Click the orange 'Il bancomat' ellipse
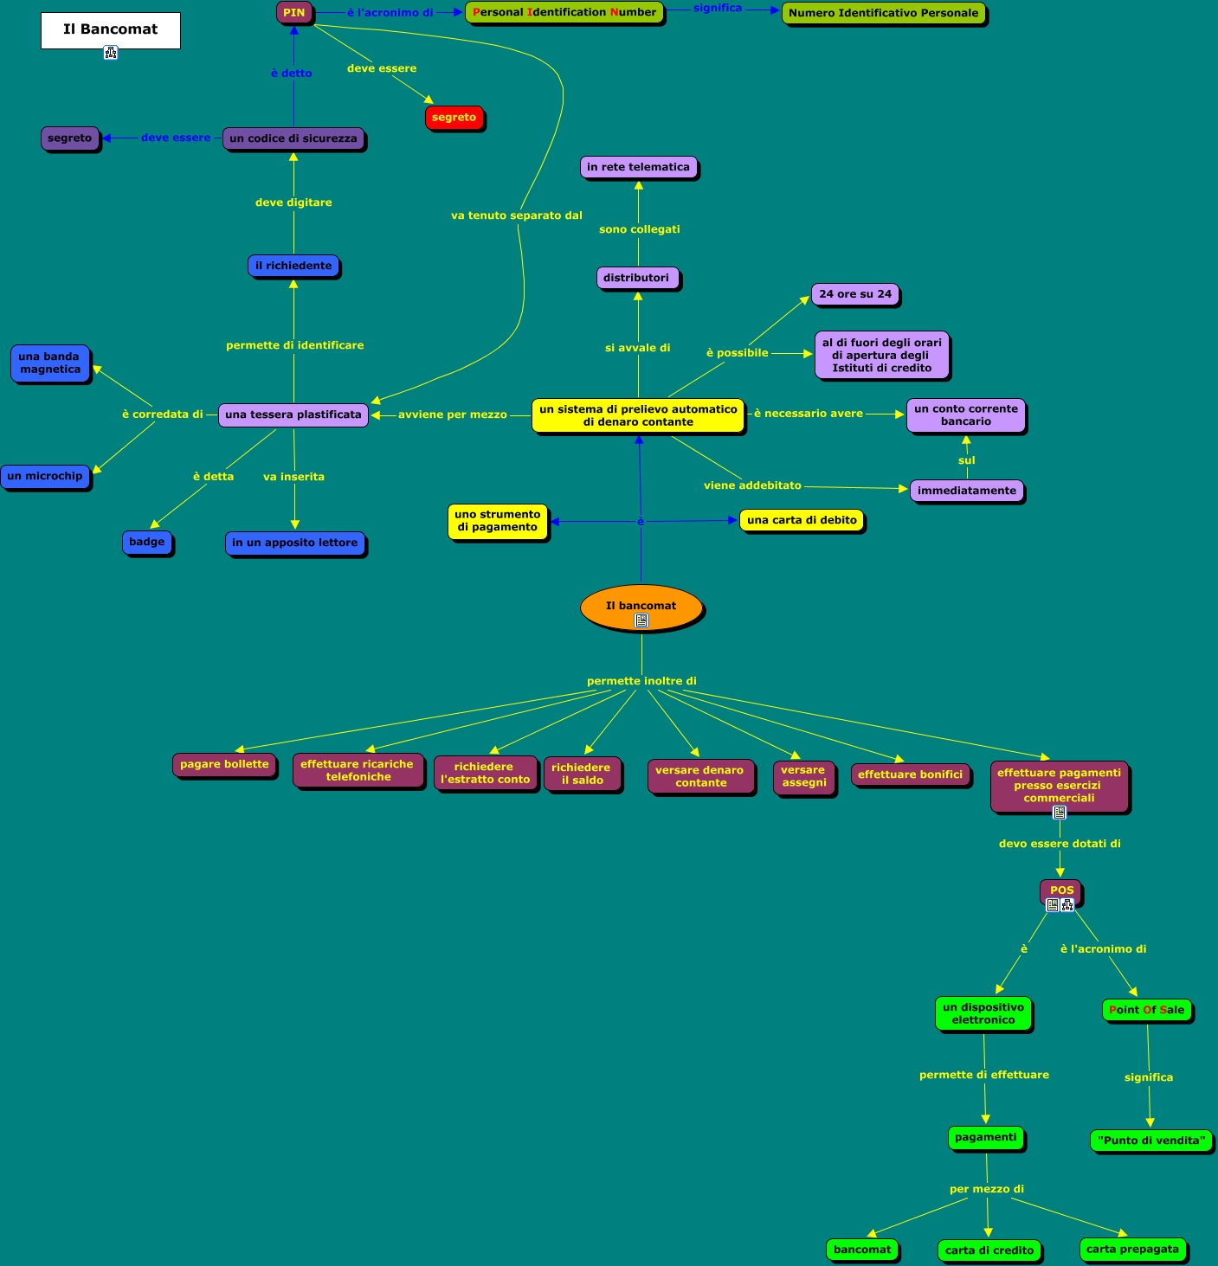click(x=641, y=607)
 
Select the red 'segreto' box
click(x=454, y=118)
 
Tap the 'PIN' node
click(x=294, y=13)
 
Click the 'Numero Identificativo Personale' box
click(x=883, y=13)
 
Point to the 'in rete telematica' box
click(x=638, y=167)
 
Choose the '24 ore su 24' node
click(x=855, y=294)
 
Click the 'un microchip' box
click(x=45, y=476)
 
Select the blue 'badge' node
click(x=147, y=542)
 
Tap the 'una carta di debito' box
click(x=802, y=520)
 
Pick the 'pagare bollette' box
click(x=224, y=764)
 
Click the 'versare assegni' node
click(x=803, y=776)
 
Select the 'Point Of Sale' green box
click(x=1146, y=1010)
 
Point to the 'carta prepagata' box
click(x=1132, y=1249)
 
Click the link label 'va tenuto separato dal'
click(x=517, y=215)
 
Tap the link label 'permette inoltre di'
click(x=641, y=681)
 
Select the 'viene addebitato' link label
click(x=752, y=485)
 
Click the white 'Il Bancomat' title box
click(x=111, y=30)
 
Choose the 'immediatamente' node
click(x=967, y=491)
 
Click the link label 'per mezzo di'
click(x=987, y=1189)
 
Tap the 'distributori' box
click(x=636, y=278)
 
